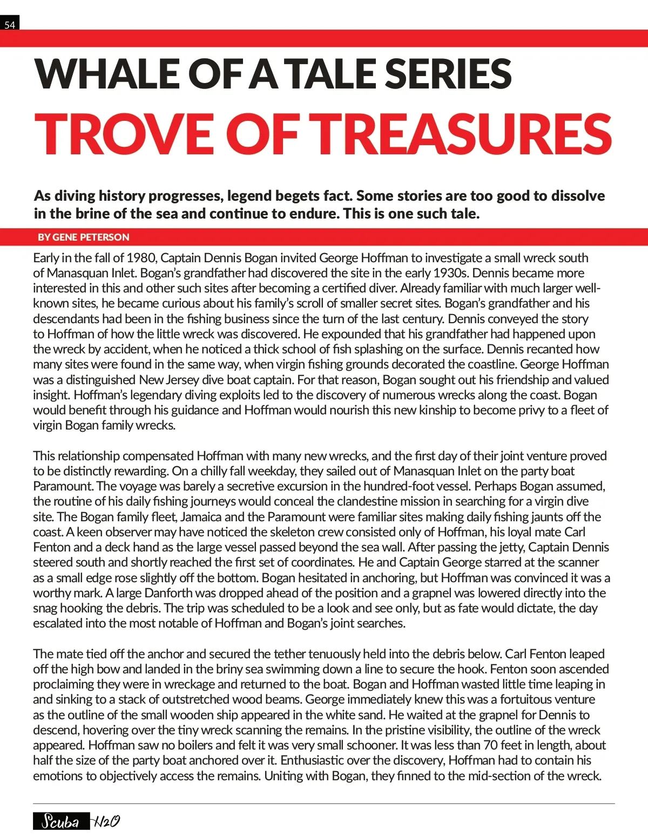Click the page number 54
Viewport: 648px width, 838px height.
pos(10,24)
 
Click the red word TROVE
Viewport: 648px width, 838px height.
pos(125,134)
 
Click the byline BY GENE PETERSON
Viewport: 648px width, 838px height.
pos(83,237)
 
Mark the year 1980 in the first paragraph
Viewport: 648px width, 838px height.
pos(140,258)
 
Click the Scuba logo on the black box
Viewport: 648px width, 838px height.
pos(60,821)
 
